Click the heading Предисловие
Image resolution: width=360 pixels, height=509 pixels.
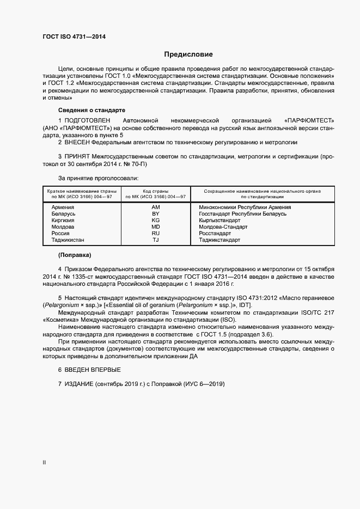pos(188,54)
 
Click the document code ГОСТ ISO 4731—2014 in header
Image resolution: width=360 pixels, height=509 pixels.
pos(74,37)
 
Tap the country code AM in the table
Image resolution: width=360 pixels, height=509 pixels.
pos(156,207)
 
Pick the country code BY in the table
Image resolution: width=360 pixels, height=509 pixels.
pos(156,214)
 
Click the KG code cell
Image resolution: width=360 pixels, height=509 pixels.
pos(156,220)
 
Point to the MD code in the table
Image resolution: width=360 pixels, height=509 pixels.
pos(156,227)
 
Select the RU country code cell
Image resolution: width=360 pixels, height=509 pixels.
pos(156,234)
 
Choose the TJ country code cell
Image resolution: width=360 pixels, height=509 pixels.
pos(156,240)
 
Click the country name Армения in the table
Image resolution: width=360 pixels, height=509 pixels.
pos(63,207)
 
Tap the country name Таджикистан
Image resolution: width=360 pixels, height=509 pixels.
pos(68,240)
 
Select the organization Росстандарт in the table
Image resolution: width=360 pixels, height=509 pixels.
pos(215,234)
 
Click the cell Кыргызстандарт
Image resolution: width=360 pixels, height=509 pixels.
pos(219,220)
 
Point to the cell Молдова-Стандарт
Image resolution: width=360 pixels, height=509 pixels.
pos(223,227)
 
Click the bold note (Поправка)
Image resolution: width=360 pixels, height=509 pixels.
pos(74,255)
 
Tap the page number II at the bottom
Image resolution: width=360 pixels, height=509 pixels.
pos(44,463)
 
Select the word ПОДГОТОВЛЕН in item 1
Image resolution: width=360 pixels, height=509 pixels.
pos(88,119)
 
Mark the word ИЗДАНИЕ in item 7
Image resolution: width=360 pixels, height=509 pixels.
pos(79,384)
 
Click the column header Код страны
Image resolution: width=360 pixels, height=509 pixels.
pos(156,191)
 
